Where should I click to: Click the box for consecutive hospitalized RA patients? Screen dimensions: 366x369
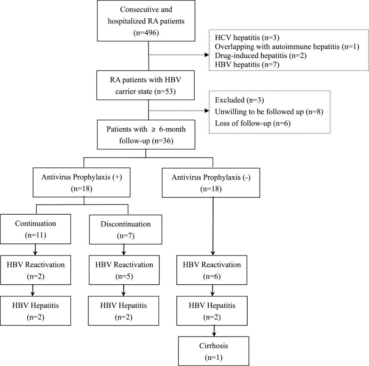pos(148,22)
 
